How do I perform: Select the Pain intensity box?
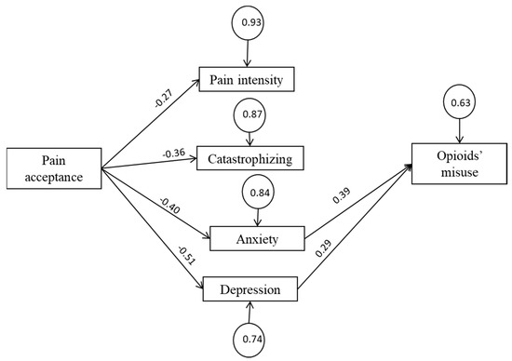[x=247, y=80]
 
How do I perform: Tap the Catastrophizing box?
[x=249, y=159]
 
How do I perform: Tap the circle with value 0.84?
[x=262, y=193]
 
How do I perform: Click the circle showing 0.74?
[x=249, y=341]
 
